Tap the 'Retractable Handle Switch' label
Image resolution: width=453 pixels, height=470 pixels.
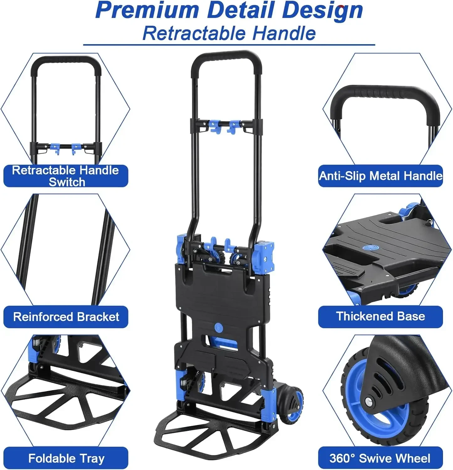tap(66, 176)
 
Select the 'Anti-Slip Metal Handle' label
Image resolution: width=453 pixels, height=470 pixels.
tap(380, 176)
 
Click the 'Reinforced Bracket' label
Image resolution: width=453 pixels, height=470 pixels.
tap(66, 317)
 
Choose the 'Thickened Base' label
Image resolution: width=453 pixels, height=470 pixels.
tap(380, 316)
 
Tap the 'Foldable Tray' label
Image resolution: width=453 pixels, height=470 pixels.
tap(66, 458)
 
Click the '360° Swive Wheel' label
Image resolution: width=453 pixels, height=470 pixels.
tap(380, 458)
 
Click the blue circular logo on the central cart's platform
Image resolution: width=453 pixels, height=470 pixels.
tap(218, 328)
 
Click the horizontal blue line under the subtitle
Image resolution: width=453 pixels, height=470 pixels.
tap(229, 45)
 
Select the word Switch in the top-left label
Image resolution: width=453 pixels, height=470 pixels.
tap(67, 182)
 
